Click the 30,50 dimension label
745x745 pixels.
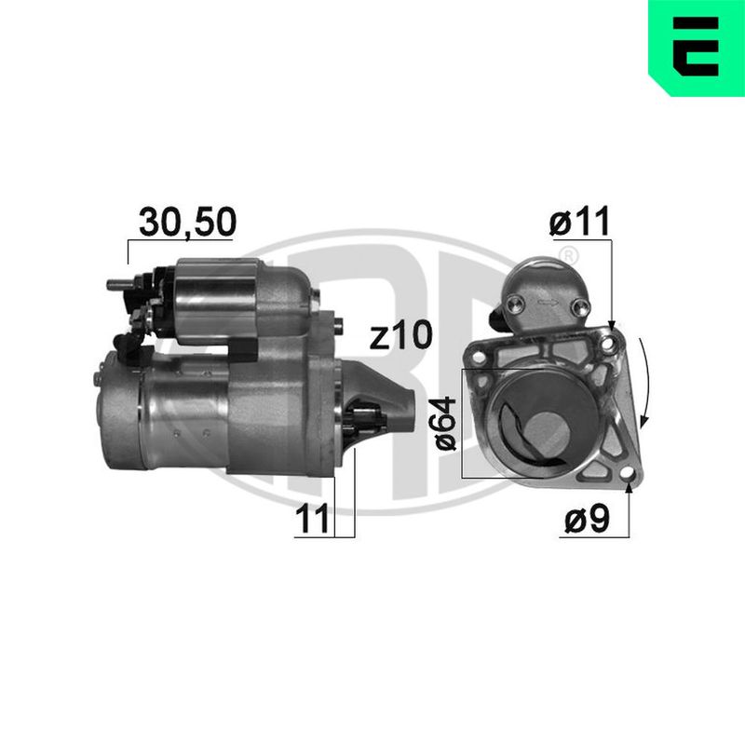pos(188,222)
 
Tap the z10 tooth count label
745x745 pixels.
pos(401,335)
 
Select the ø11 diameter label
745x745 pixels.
pos(579,222)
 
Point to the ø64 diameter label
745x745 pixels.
pos(446,424)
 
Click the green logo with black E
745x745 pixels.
pos(697,48)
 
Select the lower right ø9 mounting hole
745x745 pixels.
pos(627,473)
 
